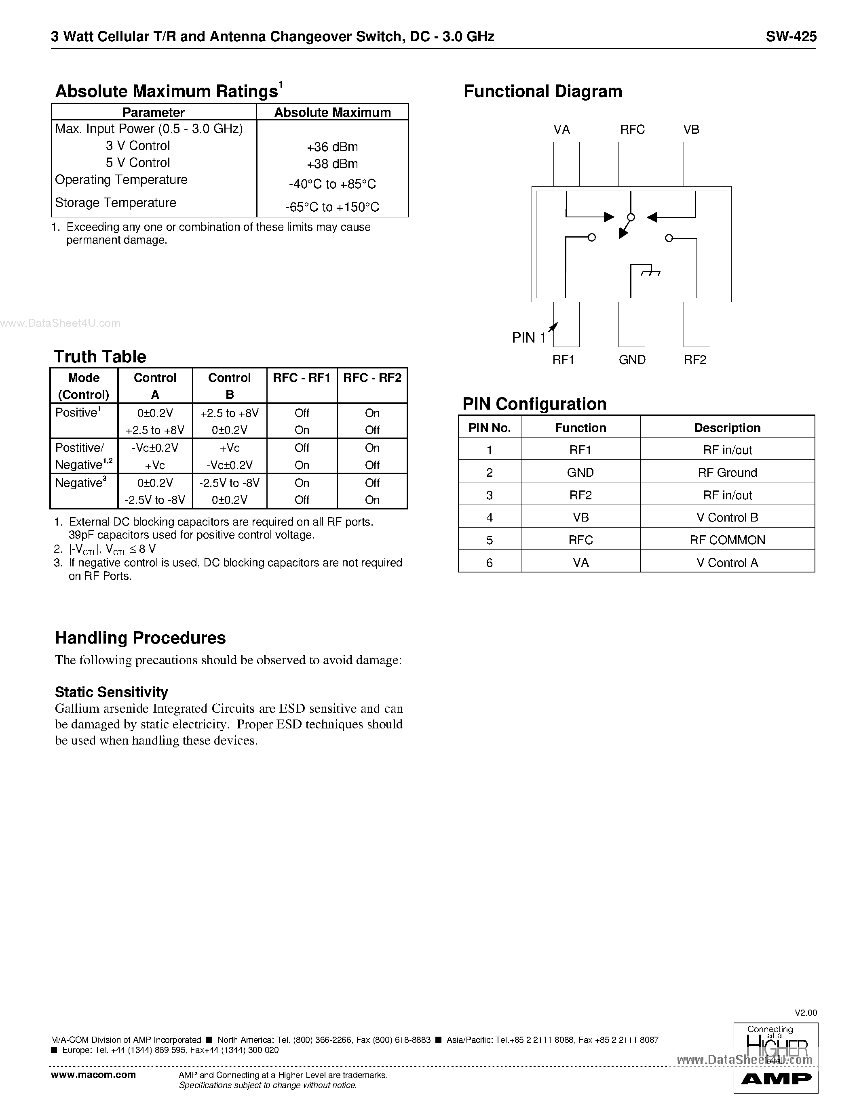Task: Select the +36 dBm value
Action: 332,147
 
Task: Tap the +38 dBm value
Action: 332,164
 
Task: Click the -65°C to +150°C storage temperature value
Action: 332,207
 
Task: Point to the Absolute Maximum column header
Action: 332,112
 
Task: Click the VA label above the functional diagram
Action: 562,130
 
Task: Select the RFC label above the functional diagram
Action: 632,130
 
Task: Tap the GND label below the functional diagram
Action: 632,360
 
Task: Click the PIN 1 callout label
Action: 529,338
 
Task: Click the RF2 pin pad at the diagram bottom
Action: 696,324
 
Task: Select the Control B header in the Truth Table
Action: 230,385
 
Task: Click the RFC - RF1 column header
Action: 302,377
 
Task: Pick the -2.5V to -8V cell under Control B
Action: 230,483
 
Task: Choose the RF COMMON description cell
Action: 727,540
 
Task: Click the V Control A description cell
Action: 727,563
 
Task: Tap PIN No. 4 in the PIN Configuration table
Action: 490,518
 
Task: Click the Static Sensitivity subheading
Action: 112,692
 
